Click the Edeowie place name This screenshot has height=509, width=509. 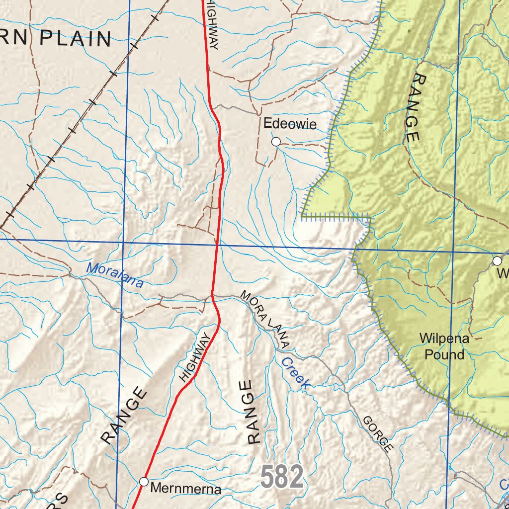290,124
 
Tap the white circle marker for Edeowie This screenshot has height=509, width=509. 276,142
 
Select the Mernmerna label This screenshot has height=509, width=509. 185,489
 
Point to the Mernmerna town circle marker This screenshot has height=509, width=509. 144,481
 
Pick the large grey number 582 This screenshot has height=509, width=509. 282,478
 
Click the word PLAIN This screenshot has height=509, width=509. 75,38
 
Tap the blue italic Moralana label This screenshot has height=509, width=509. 115,275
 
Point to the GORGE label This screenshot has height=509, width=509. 378,433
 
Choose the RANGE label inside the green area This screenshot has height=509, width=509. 414,108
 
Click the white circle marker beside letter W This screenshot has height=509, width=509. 497,260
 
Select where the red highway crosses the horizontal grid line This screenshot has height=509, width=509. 217,245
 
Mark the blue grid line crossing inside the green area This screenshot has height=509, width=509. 454,252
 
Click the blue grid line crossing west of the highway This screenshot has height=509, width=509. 123,242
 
